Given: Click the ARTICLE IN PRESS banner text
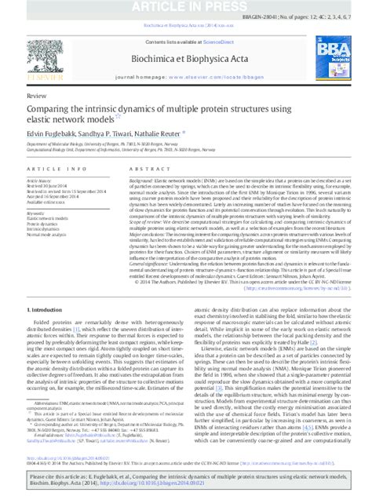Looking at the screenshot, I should point(185,7).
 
